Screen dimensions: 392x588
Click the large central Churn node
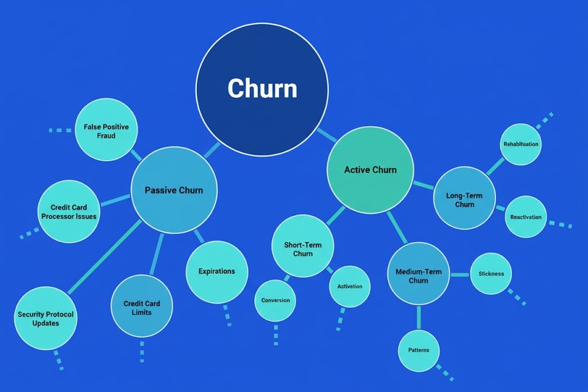262,90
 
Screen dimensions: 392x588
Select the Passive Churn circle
174,190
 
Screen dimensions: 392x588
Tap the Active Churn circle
370,170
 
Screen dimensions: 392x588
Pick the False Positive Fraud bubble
107,130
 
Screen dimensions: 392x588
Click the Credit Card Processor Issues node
68,212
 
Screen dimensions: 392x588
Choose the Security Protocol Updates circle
45,319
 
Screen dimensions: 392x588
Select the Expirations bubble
217,272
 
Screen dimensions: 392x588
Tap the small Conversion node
276,300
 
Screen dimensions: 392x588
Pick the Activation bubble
350,286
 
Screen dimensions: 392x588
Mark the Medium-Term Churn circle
419,274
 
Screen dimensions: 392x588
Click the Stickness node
491,274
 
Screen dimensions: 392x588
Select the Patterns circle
419,350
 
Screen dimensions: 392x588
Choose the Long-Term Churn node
465,199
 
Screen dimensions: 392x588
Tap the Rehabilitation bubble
521,144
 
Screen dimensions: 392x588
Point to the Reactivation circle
526,217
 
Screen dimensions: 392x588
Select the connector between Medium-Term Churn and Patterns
419,317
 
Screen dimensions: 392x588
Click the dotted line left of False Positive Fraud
60,130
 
